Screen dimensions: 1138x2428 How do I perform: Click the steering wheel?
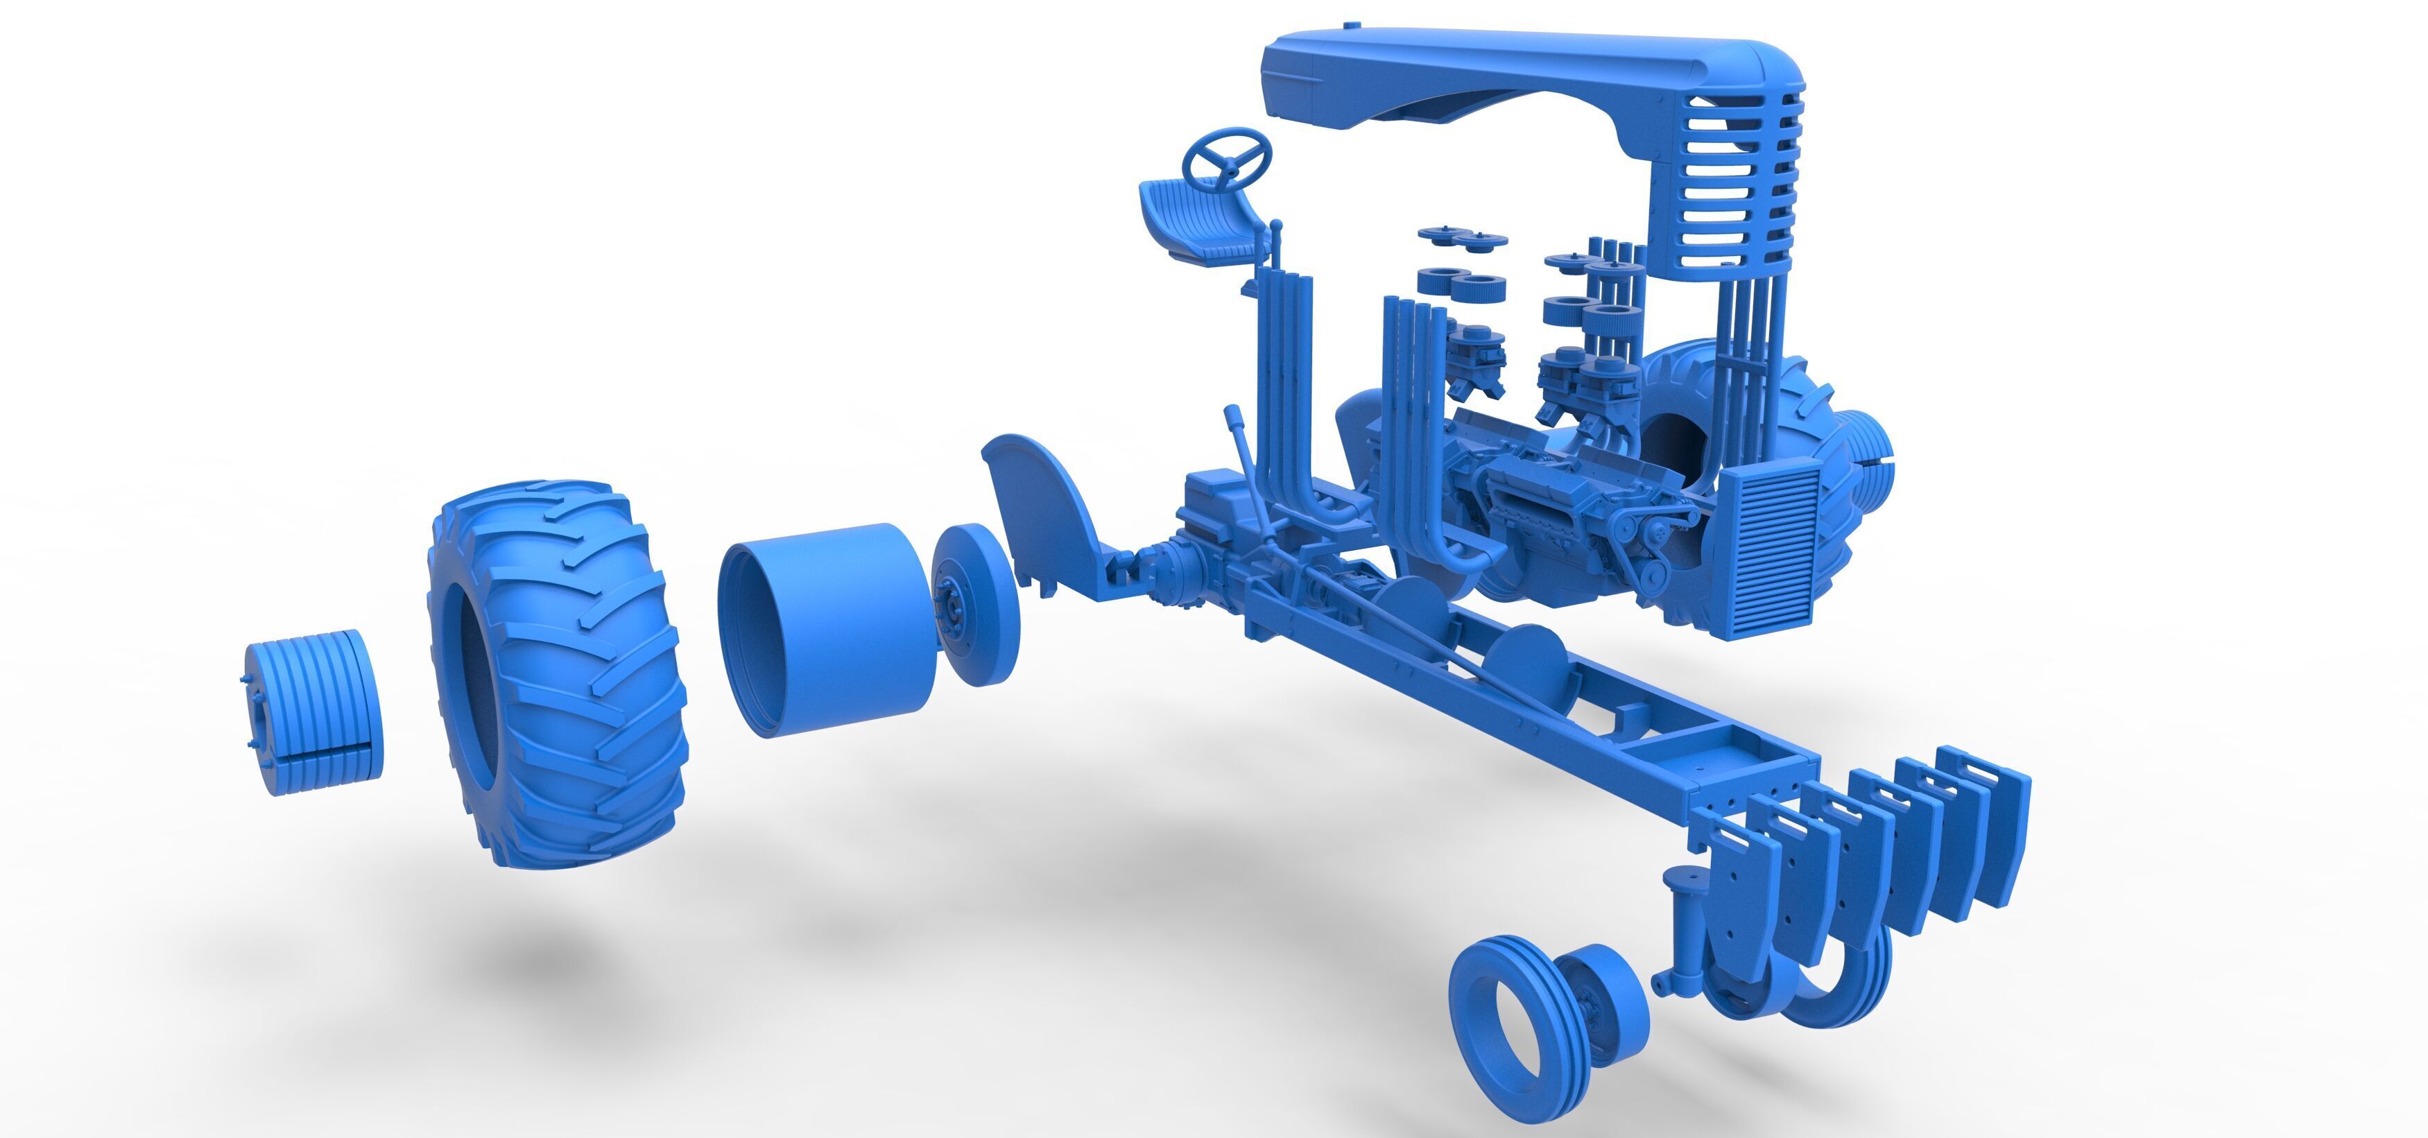tap(1228, 157)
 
